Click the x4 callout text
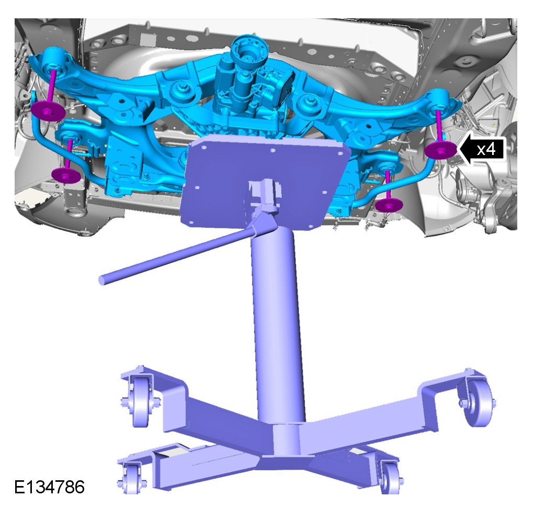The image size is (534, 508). tap(486, 149)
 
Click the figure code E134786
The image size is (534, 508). tap(49, 487)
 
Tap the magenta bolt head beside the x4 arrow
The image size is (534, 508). tap(441, 149)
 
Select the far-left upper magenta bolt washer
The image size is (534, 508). tap(48, 111)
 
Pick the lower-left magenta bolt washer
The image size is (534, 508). tap(66, 175)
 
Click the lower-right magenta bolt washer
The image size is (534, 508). tap(389, 205)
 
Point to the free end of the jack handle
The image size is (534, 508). tap(102, 280)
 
